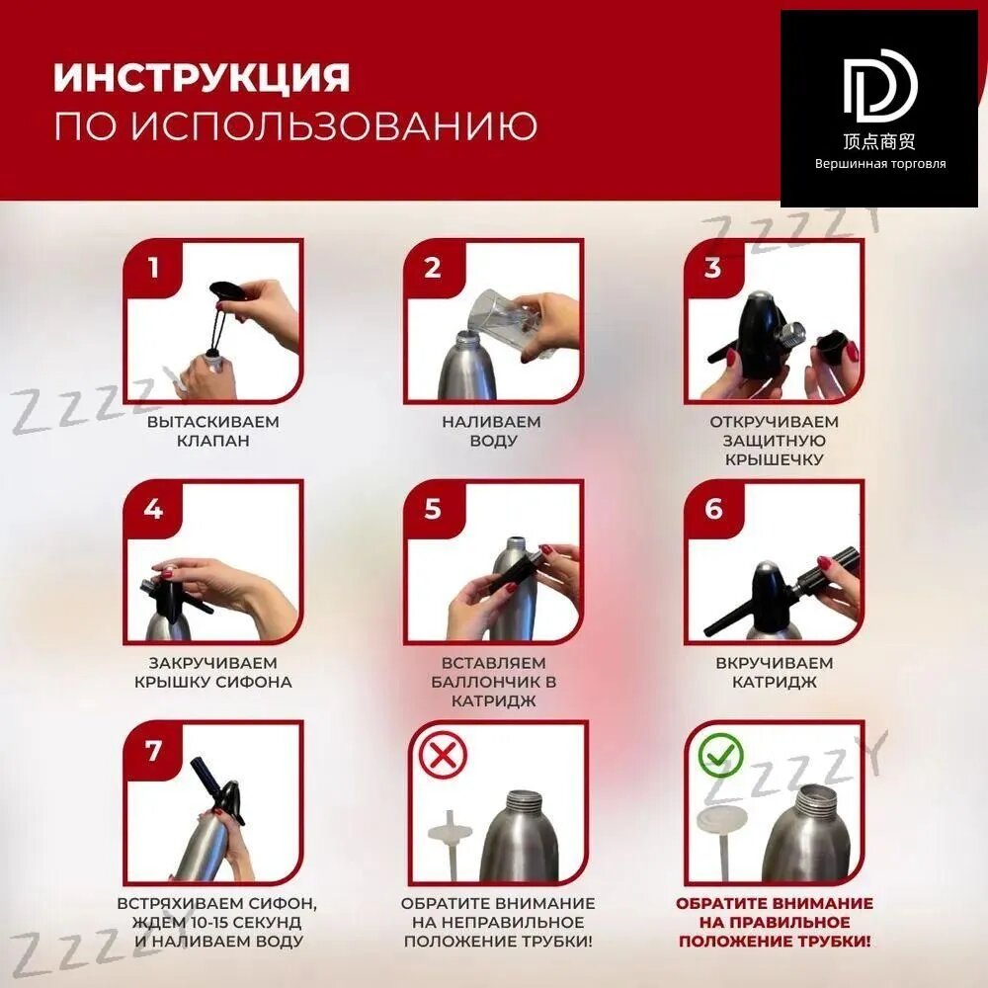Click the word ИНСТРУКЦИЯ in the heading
click(x=202, y=77)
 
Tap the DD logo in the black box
click(x=880, y=85)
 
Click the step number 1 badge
click(x=152, y=269)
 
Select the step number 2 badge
click(x=433, y=269)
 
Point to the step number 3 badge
click(x=712, y=269)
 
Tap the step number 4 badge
click(x=152, y=509)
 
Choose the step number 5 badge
click(x=433, y=509)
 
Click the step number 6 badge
click(x=712, y=509)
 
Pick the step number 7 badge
click(x=152, y=751)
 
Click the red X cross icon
click(x=443, y=755)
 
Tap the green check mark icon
click(x=721, y=755)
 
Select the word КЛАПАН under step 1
click(x=213, y=441)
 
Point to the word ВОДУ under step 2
click(x=493, y=441)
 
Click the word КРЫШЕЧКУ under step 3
click(x=775, y=459)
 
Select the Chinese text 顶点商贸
click(x=879, y=141)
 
